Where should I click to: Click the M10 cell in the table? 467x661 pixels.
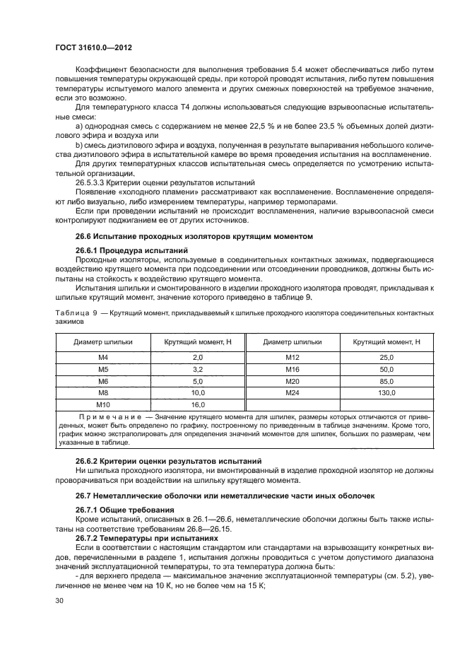tap(103, 404)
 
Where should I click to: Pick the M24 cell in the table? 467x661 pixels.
tap(292, 392)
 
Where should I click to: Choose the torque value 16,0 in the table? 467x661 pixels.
tap(197, 404)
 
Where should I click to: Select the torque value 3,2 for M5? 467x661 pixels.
tap(197, 370)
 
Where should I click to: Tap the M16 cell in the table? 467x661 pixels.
tap(292, 370)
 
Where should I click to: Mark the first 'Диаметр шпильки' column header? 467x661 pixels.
tap(103, 341)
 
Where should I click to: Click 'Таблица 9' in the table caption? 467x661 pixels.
tap(73, 312)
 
